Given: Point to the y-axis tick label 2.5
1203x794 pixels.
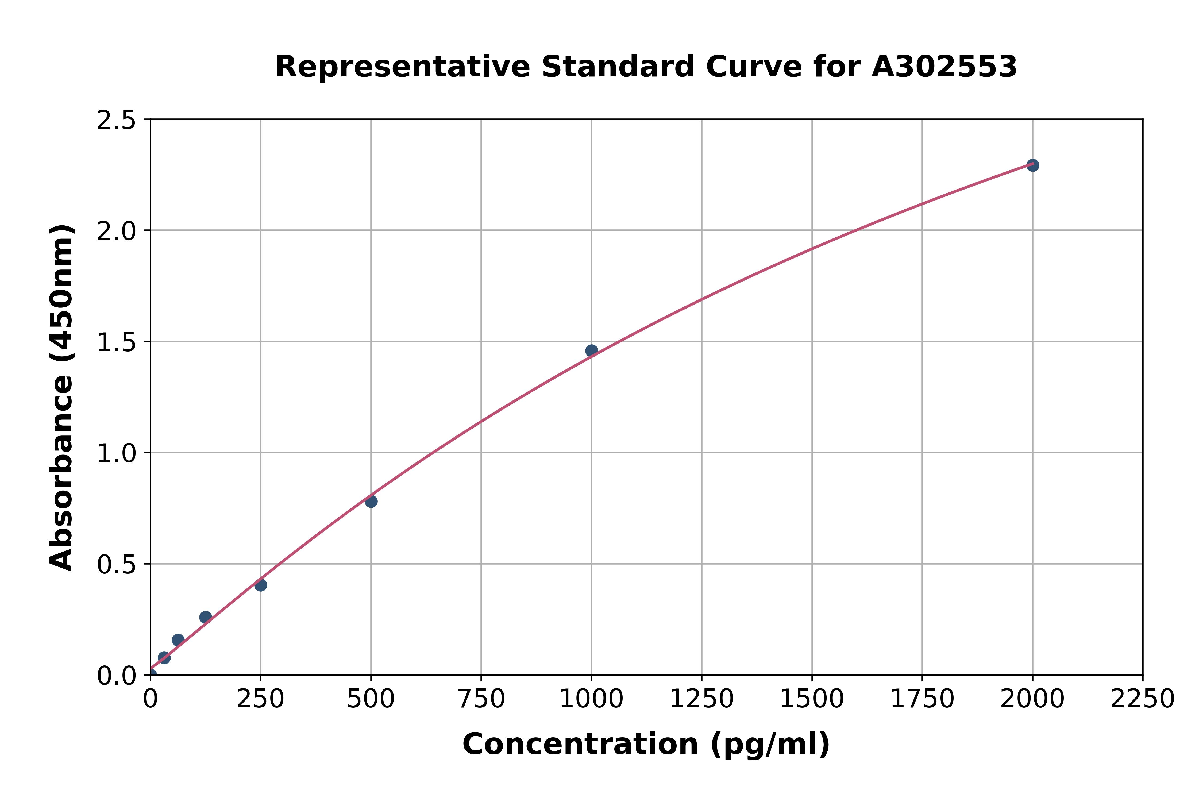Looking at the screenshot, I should pos(117,121).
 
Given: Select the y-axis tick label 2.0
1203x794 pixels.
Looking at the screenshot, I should pos(117,232).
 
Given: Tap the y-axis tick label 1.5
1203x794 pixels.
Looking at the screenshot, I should pos(117,342).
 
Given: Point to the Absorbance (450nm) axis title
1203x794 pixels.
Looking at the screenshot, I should pos(62,398).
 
